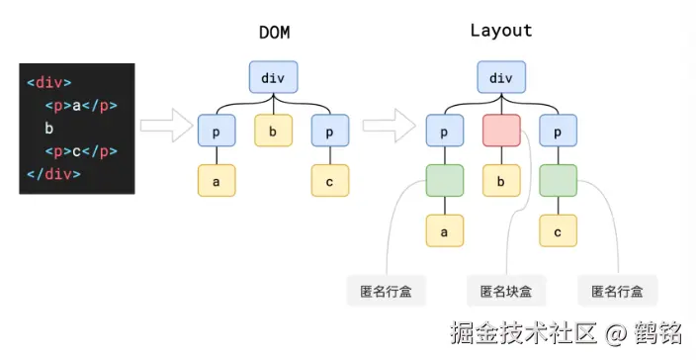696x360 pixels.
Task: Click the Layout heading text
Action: tap(500, 31)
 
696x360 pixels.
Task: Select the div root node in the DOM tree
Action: tap(273, 77)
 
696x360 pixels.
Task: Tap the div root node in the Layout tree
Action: tap(501, 77)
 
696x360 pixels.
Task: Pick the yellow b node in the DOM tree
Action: tap(273, 130)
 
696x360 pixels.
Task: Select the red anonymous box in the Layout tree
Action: tap(501, 130)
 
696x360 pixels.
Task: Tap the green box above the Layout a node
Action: tap(445, 181)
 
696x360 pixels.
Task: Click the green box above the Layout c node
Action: tap(559, 181)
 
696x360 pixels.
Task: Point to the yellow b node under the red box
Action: tap(501, 181)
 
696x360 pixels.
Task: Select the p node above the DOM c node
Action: tap(329, 130)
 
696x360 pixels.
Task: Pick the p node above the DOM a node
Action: tap(217, 130)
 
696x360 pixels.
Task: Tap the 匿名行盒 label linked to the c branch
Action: tap(618, 291)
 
